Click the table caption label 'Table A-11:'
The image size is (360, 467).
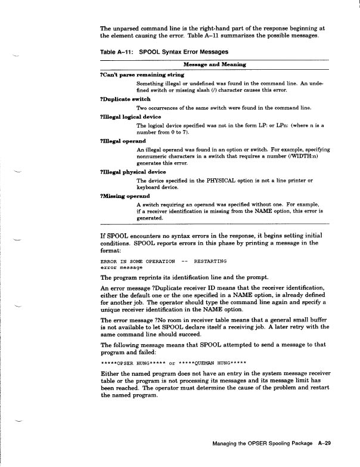click(x=116, y=52)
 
